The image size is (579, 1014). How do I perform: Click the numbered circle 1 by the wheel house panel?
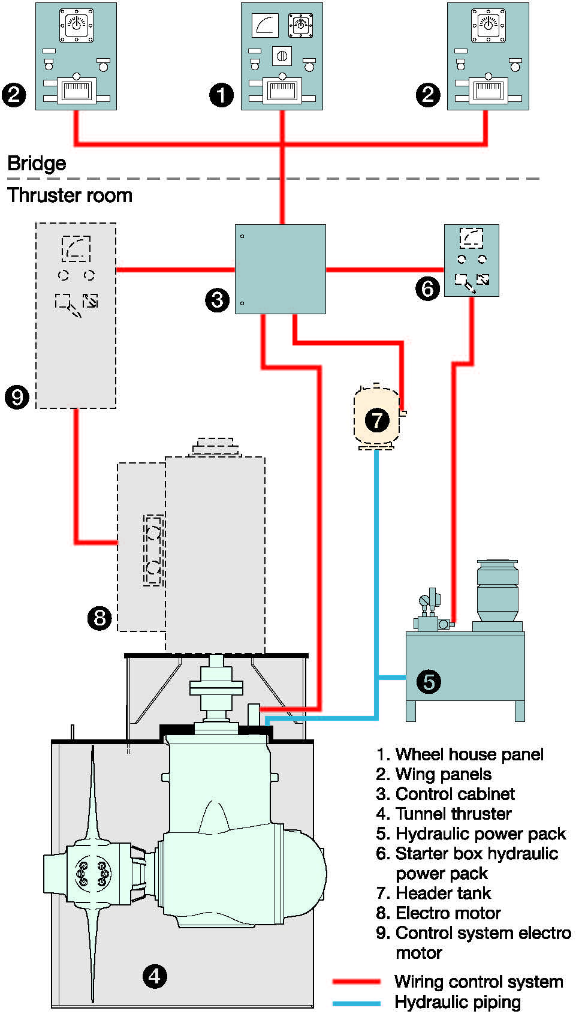click(x=221, y=95)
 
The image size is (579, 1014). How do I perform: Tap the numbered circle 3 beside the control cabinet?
click(x=217, y=299)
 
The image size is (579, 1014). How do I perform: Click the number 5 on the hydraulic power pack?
click(x=429, y=682)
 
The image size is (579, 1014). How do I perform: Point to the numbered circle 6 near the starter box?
click(x=427, y=288)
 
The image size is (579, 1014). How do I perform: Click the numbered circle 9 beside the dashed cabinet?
click(x=17, y=396)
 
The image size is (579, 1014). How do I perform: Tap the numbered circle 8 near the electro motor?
click(x=99, y=617)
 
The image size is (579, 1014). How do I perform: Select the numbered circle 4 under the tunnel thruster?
click(x=155, y=976)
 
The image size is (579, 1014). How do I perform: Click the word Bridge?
click(x=37, y=163)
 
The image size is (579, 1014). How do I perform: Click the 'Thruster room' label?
click(x=70, y=195)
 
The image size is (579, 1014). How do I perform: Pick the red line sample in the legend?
click(x=357, y=982)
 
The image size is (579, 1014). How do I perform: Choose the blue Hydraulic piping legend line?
click(x=357, y=1003)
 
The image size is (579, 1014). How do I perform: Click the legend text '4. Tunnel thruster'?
click(x=444, y=814)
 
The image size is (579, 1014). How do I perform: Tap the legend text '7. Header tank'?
click(x=433, y=893)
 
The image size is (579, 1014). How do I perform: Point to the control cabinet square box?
click(x=280, y=269)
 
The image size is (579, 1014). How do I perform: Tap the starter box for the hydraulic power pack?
click(x=471, y=260)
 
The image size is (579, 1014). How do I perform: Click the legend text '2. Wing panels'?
click(x=433, y=774)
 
